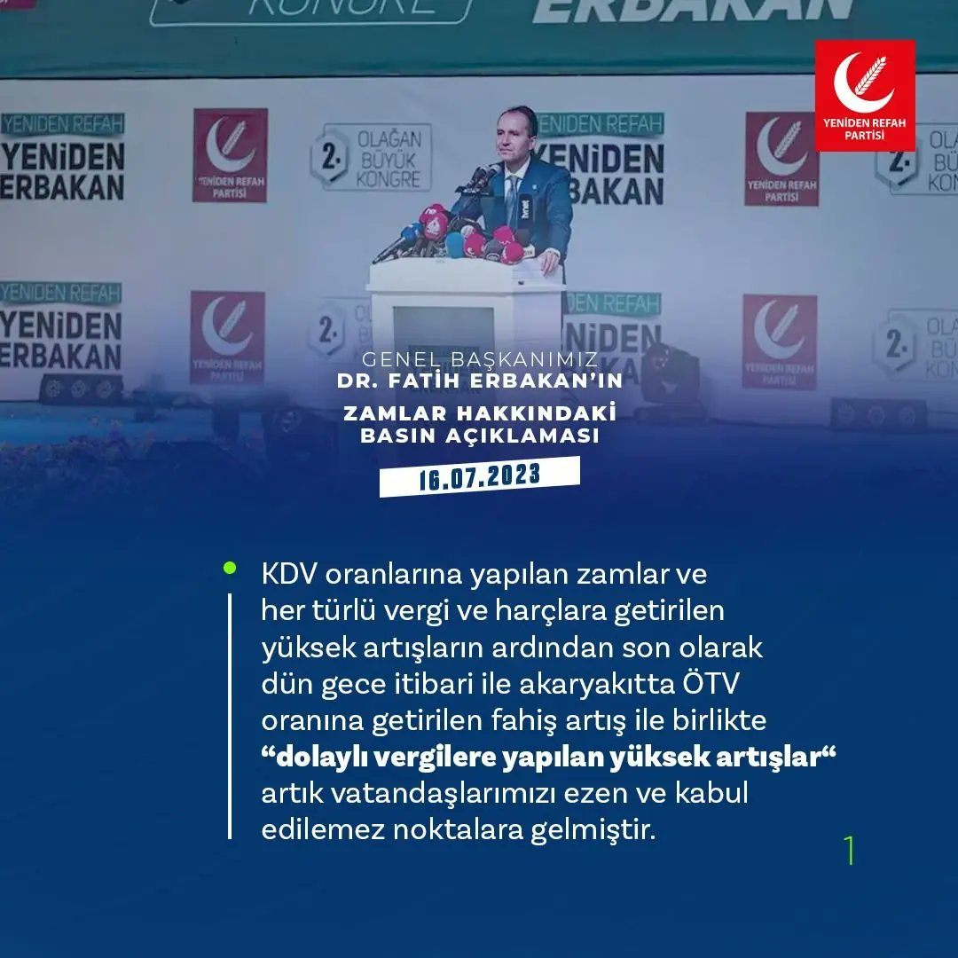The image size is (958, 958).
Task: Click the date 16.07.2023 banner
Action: [x=479, y=476]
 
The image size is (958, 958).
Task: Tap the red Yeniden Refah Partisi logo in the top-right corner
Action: [x=865, y=95]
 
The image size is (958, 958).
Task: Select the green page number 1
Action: [x=850, y=850]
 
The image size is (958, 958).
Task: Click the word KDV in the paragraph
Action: [x=290, y=575]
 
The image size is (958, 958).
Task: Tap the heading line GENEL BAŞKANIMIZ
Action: [x=479, y=361]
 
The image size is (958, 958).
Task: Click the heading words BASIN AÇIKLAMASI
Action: [x=479, y=436]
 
